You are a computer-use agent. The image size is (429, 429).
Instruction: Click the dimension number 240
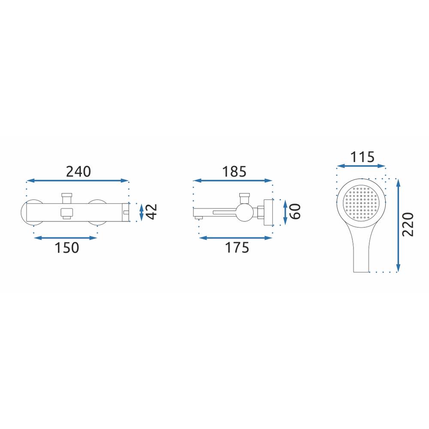[x=78, y=172]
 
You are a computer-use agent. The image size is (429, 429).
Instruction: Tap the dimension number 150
[x=67, y=248]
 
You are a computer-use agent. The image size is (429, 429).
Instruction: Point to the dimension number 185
[x=234, y=172]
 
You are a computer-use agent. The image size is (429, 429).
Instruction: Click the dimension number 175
[x=237, y=248]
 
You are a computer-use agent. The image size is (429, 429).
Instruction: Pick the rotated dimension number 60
[x=295, y=211]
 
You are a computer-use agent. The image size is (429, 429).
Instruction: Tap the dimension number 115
[x=362, y=157]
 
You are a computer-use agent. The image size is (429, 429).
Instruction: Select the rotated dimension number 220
[x=408, y=224]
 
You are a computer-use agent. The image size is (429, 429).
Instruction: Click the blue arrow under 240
[x=77, y=181]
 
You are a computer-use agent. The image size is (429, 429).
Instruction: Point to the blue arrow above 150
[x=66, y=238]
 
